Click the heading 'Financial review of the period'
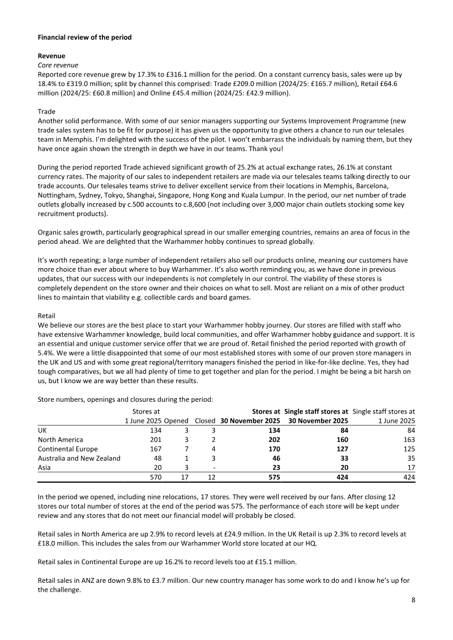[x=84, y=37]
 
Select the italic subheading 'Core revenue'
[x=58, y=65]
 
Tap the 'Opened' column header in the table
[x=177, y=421]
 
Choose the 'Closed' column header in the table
[x=204, y=421]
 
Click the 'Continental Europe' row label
[x=65, y=449]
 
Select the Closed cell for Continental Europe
[x=213, y=449]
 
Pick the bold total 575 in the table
[x=274, y=478]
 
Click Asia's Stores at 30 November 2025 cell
[x=275, y=467]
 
